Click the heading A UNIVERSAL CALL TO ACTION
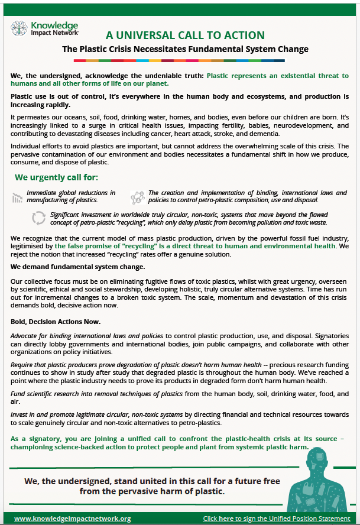tap(185, 35)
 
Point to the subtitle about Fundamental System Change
tap(185, 48)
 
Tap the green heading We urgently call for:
tap(56, 177)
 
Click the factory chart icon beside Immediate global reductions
tap(17, 197)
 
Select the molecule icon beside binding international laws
tap(137, 197)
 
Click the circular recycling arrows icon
tap(38, 218)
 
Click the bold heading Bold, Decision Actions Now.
tap(56, 322)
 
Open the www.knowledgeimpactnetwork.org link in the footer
tap(72, 518)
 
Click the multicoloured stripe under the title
tap(179, 60)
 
